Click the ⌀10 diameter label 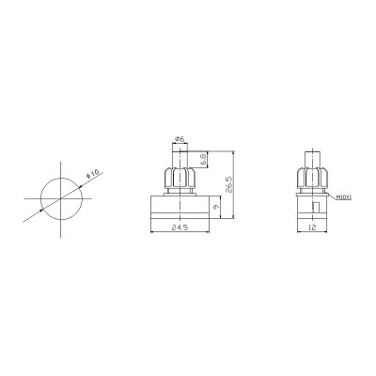tap(91, 175)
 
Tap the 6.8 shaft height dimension tap(204, 159)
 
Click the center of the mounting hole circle tap(61, 196)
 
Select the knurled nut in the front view tap(179, 179)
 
